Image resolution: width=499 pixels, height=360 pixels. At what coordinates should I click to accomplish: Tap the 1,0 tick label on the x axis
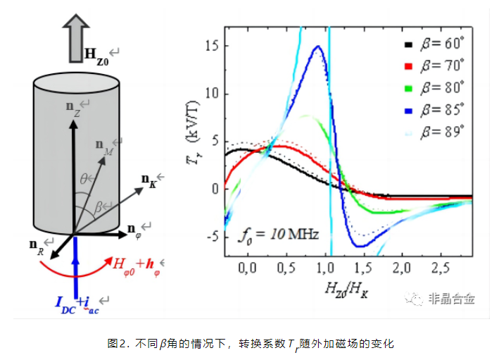(x=324, y=268)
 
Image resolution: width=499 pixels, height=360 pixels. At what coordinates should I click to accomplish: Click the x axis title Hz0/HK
(x=347, y=287)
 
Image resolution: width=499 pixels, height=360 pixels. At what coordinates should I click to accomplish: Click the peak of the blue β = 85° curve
(x=318, y=46)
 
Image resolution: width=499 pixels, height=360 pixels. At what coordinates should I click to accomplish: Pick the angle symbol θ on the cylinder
(x=82, y=179)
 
